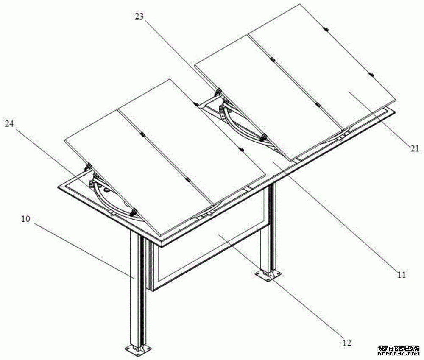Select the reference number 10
(x=26, y=219)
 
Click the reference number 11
(x=401, y=275)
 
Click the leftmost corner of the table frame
(x=58, y=187)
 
